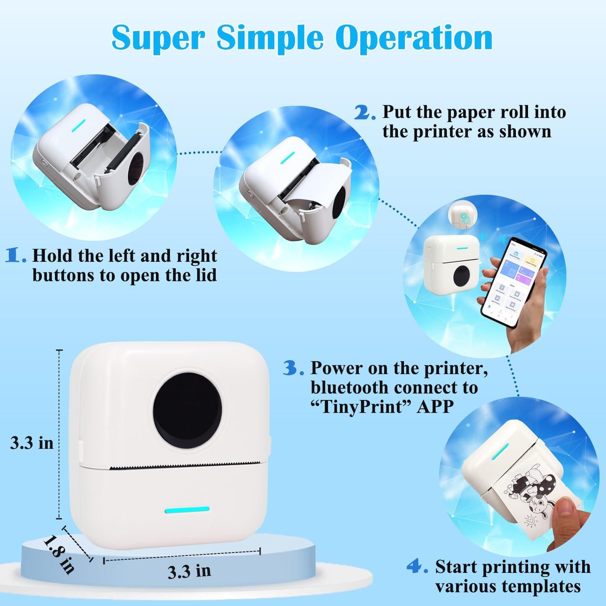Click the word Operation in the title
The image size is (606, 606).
414,38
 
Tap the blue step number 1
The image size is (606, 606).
15,255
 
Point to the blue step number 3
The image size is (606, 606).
292,368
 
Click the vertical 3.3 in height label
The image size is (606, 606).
32,443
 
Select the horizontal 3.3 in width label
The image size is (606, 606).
189,571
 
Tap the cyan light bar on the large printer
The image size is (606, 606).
187,510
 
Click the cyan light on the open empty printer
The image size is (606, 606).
78,125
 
